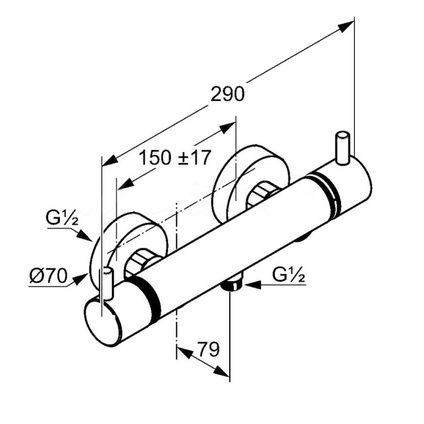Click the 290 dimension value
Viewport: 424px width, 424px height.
point(227,94)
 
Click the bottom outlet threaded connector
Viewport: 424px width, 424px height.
point(231,284)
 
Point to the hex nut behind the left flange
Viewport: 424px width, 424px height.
point(144,262)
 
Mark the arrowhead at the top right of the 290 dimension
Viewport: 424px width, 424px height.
point(349,25)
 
